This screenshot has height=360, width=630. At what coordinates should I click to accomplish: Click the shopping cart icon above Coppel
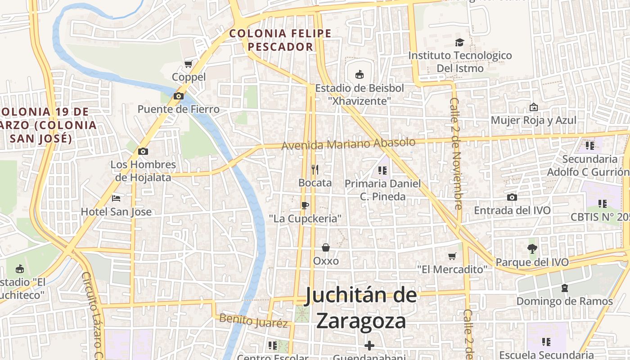pyautogui.click(x=188, y=64)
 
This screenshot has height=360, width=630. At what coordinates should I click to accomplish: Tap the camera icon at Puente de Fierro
pyautogui.click(x=179, y=96)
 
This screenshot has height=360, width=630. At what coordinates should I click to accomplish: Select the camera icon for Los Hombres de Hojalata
pyautogui.click(x=143, y=151)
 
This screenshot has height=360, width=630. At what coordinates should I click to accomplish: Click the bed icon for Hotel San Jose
pyautogui.click(x=116, y=198)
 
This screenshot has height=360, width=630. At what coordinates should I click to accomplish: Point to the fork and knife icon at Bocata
pyautogui.click(x=315, y=170)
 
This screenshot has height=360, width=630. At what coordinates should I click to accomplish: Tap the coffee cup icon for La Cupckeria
pyautogui.click(x=305, y=206)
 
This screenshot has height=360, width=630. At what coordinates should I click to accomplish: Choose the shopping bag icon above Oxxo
pyautogui.click(x=326, y=247)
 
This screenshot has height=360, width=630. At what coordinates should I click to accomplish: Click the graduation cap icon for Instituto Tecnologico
pyautogui.click(x=459, y=42)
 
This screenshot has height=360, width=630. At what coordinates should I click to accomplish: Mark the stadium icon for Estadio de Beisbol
pyautogui.click(x=359, y=74)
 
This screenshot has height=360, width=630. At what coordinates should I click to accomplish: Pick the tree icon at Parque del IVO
pyautogui.click(x=532, y=248)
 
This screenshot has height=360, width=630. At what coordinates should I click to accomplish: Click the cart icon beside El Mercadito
pyautogui.click(x=452, y=256)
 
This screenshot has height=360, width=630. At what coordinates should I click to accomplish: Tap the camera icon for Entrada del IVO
pyautogui.click(x=512, y=197)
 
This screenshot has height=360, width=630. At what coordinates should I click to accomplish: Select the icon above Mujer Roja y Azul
pyautogui.click(x=533, y=107)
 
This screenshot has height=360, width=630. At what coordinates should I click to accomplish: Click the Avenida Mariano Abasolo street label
pyautogui.click(x=348, y=144)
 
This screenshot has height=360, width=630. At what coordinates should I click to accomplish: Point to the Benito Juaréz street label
pyautogui.click(x=253, y=321)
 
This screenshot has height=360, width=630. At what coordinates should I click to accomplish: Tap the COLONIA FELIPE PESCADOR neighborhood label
pyautogui.click(x=280, y=40)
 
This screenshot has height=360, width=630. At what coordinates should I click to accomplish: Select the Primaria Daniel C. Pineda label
pyautogui.click(x=382, y=190)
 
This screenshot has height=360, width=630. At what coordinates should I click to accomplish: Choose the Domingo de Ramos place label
pyautogui.click(x=564, y=301)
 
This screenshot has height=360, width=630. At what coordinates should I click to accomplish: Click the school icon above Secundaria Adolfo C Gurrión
pyautogui.click(x=589, y=145)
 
